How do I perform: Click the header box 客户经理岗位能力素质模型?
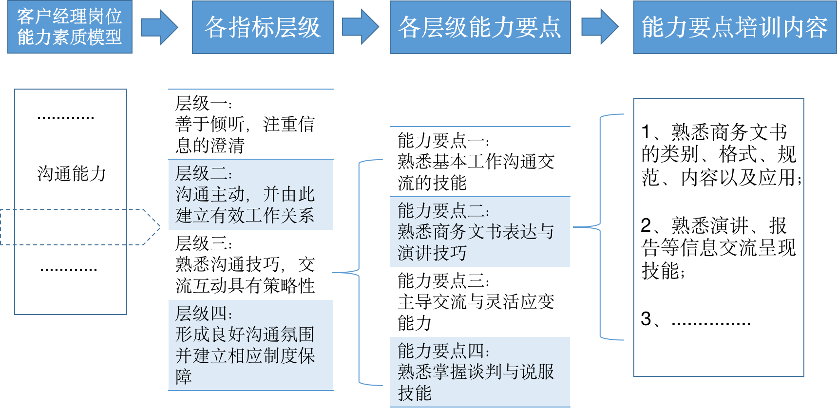(70, 27)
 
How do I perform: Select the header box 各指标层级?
(263, 27)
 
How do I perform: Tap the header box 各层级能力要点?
(480, 27)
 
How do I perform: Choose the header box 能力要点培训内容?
(735, 27)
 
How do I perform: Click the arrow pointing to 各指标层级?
(159, 27)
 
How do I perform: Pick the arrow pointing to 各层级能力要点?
(361, 27)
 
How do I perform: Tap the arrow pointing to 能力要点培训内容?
(600, 27)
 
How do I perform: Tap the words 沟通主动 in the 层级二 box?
(210, 194)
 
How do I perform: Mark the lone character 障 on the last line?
(184, 377)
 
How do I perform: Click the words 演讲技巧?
(432, 253)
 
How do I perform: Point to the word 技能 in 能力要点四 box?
(415, 393)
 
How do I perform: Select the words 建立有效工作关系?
(245, 215)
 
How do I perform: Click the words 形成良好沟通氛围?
(245, 334)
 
